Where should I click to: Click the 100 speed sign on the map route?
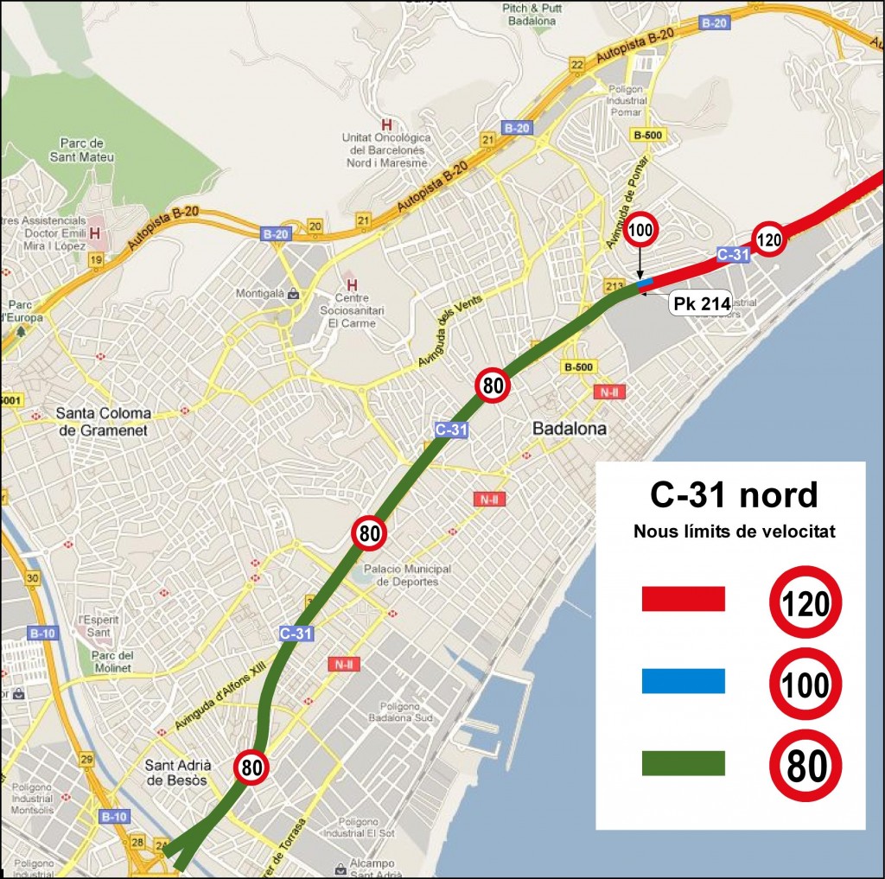point(641,230)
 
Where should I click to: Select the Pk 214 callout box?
point(701,303)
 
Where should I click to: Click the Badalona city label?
point(569,429)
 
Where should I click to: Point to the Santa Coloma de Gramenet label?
point(104,421)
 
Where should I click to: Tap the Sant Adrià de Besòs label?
point(176,772)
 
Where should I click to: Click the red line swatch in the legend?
point(683,599)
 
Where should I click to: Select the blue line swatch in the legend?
point(683,681)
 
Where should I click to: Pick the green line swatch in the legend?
point(683,763)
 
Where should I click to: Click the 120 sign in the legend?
point(805,602)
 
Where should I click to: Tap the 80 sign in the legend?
point(805,766)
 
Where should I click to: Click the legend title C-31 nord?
point(734,495)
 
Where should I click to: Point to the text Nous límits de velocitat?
point(734,532)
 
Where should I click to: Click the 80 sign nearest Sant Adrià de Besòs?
point(251,766)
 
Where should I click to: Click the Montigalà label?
point(263,294)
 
